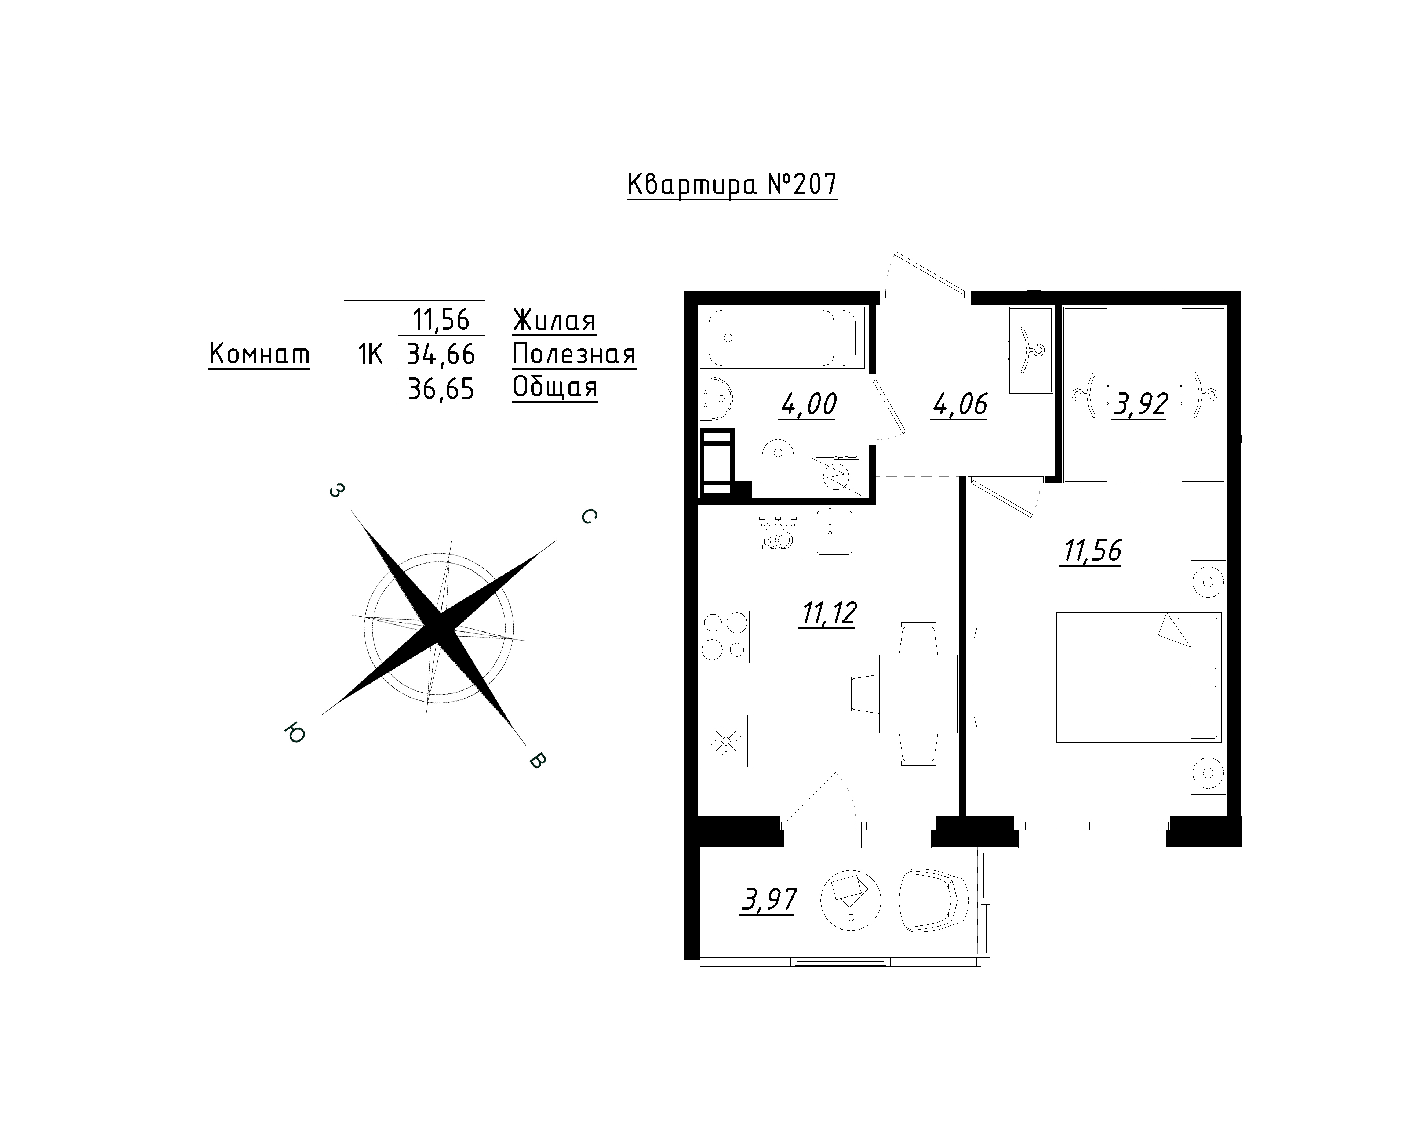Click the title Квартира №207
pos(732,185)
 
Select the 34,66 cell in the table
pos(441,354)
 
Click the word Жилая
pos(554,321)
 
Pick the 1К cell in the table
pos(371,354)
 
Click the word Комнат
pos(259,355)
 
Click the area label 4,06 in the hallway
pos(960,405)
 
